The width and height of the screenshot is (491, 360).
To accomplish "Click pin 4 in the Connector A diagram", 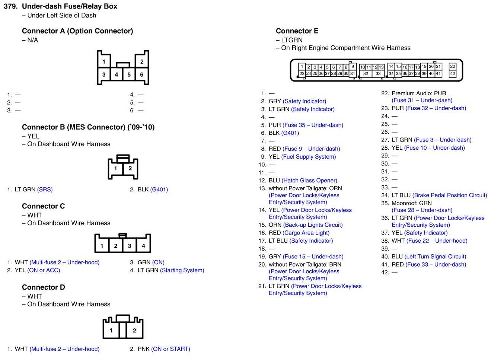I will point(117,74).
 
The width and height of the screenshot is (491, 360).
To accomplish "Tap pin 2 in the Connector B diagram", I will point(130,168).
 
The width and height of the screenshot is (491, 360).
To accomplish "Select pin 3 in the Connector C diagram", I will point(130,246).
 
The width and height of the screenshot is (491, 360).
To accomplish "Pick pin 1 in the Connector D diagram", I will point(111,330).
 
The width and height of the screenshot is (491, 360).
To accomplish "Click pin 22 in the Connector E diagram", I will point(452,66).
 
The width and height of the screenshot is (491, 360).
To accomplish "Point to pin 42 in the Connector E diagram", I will point(452,74).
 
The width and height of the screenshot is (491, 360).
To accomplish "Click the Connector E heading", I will point(297,31).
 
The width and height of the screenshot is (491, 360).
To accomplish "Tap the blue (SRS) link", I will point(45,189).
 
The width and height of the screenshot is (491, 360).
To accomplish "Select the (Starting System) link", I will point(182,270).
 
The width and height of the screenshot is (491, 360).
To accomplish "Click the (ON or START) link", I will point(170,349).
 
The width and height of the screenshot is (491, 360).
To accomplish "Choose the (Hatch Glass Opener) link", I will point(309,181).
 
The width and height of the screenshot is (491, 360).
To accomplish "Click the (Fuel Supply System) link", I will point(309,157).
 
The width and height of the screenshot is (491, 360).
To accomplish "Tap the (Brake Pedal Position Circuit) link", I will point(449,195).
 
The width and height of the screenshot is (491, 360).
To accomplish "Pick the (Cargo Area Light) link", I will point(306,233).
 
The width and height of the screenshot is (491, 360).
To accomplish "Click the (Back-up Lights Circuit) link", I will point(313,225).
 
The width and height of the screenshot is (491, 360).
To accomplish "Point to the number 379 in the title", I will point(10,6).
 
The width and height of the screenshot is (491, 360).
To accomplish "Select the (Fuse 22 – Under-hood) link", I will point(437,241).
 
